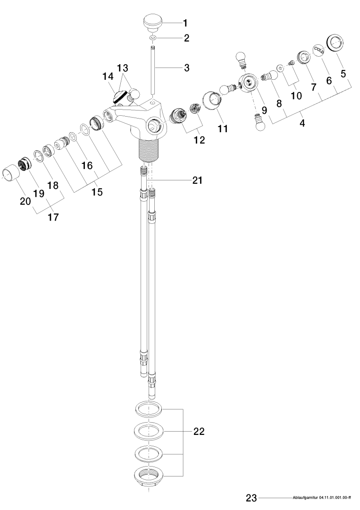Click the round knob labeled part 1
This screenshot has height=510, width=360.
(152, 23)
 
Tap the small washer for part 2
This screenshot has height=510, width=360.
(152, 38)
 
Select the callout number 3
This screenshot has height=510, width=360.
(186, 68)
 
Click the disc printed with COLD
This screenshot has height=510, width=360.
(319, 49)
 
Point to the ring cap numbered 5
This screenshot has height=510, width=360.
(335, 42)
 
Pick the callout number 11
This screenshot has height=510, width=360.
(223, 128)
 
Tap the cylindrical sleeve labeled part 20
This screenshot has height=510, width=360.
(11, 173)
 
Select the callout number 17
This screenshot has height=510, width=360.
(53, 217)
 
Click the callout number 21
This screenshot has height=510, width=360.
(197, 180)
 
